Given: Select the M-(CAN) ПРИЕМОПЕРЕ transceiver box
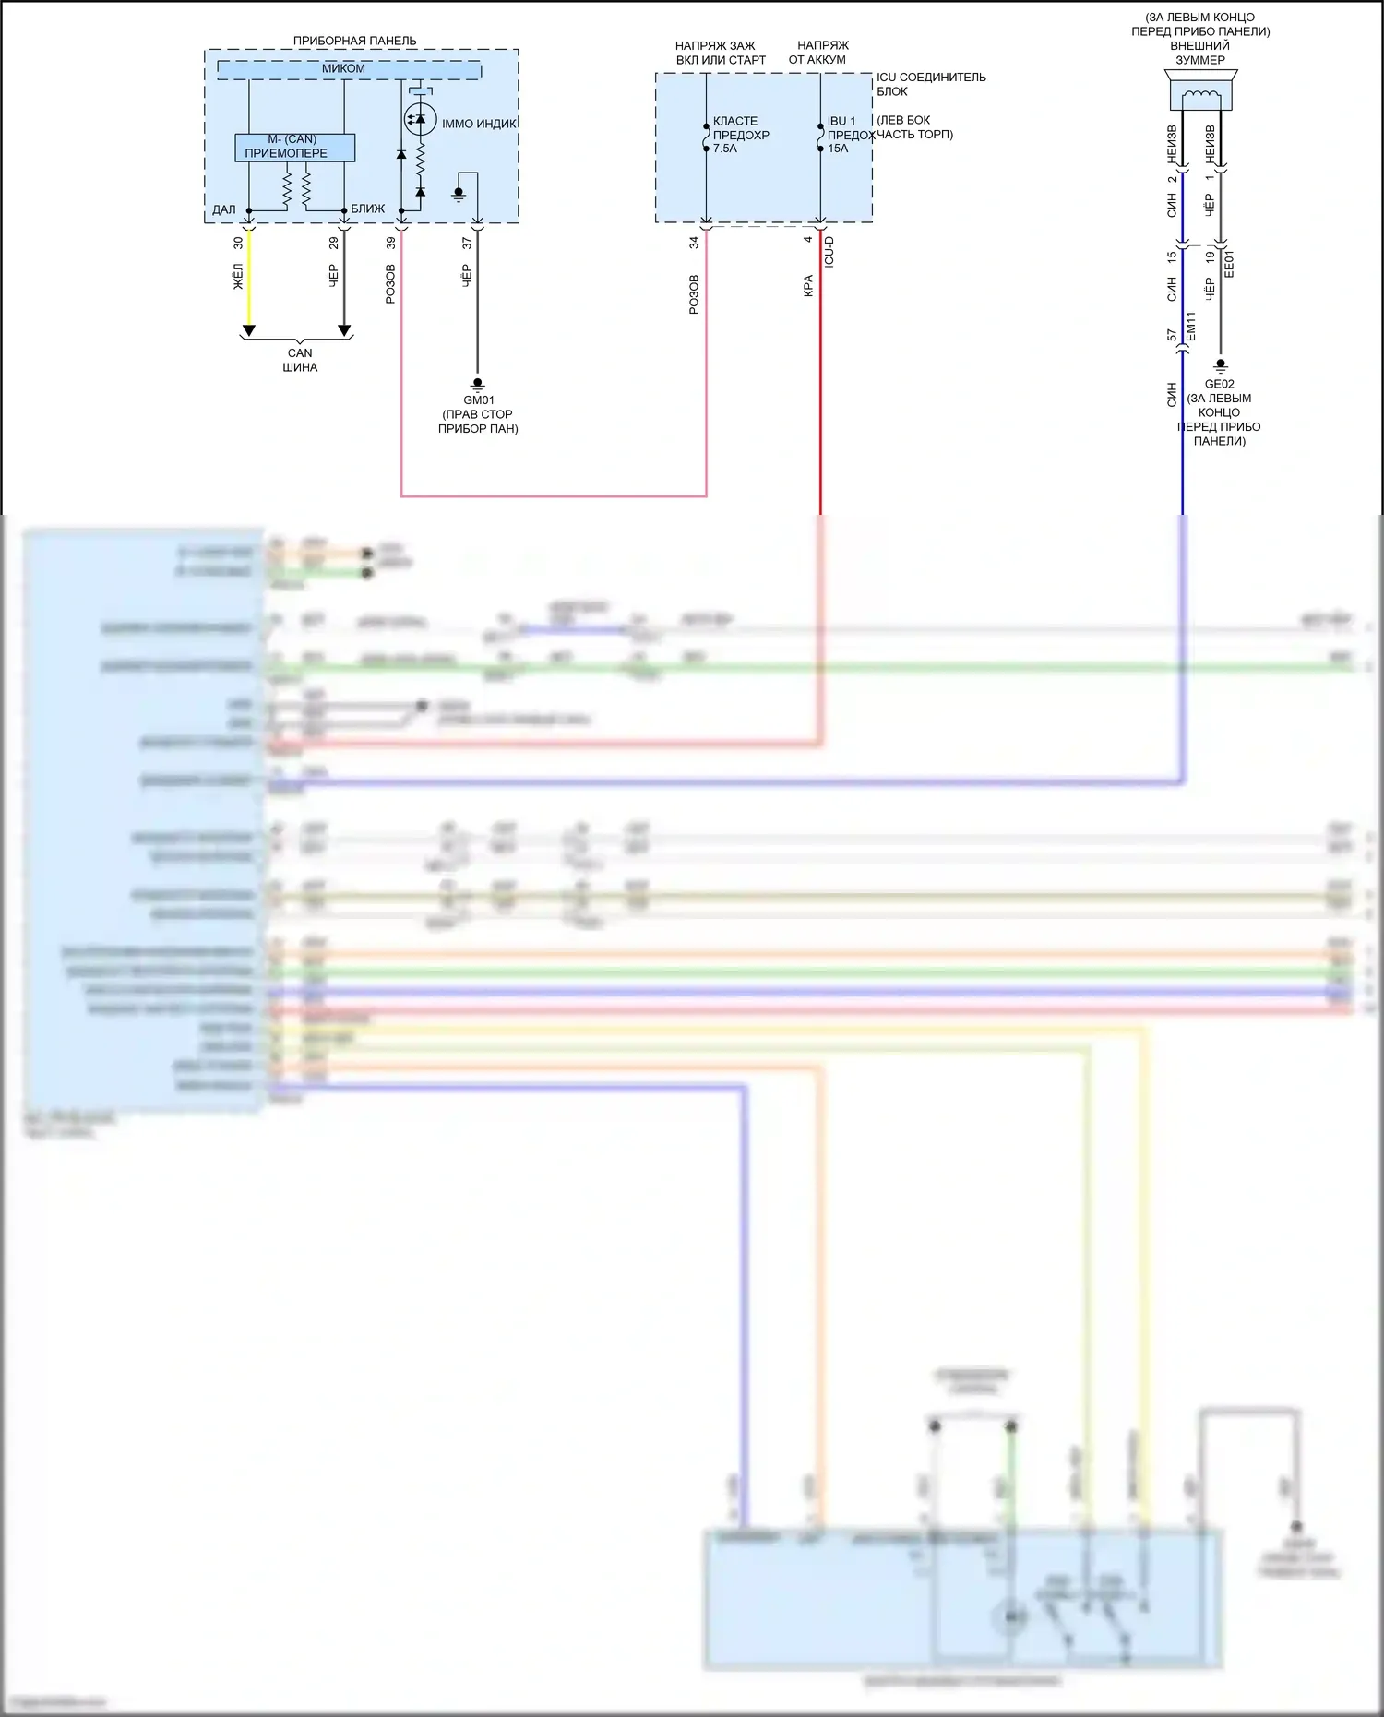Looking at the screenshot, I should point(294,148).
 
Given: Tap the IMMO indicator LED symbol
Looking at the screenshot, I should point(421,120).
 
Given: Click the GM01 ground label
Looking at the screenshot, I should point(479,400).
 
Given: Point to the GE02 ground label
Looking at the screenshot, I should point(1219,384).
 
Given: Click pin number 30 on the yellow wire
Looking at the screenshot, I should point(238,243).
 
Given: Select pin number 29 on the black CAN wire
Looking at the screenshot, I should point(334,243).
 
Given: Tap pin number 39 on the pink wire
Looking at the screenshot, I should point(391,243).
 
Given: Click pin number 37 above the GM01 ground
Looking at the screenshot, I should point(467,243).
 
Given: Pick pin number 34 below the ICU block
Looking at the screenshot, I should point(694,243).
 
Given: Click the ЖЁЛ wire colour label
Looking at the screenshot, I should point(238,277).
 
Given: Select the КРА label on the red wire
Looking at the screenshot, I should point(808,285).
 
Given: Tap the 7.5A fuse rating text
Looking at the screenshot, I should point(725,149).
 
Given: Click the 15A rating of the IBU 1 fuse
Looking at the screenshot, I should point(838,149).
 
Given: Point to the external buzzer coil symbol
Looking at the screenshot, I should point(1200,94).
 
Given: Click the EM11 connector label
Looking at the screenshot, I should point(1191,327).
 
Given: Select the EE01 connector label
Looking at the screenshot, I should point(1229,264).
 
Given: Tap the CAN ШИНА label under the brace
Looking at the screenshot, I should point(300,360).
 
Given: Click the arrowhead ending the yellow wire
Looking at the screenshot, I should point(248,330).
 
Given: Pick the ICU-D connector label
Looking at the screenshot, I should point(829,251).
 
